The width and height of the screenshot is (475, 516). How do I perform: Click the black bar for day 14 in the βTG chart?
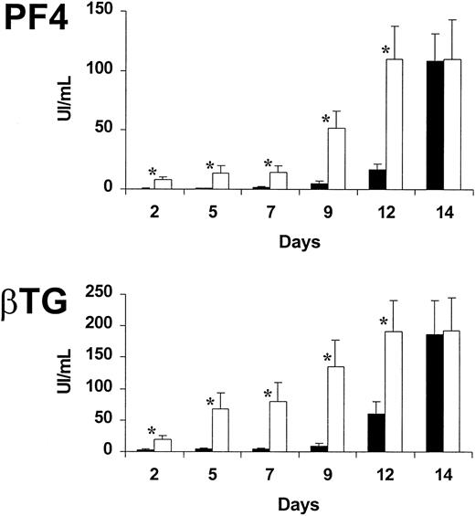pyautogui.click(x=436, y=393)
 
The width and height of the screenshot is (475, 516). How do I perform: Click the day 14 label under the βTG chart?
pyautogui.click(x=444, y=469)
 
